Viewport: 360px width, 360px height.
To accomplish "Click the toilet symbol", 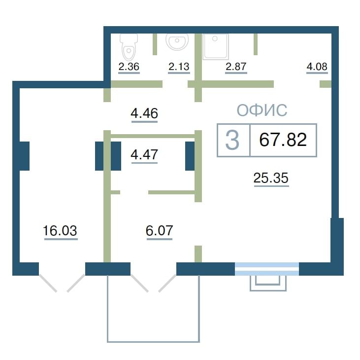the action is click(x=129, y=47).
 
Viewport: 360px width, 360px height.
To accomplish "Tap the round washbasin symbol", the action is click(x=177, y=41).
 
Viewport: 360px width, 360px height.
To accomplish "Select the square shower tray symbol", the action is click(x=216, y=46).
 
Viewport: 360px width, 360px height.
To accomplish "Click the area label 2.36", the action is click(x=129, y=67).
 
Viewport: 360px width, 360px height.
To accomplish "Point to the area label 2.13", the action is click(x=179, y=67).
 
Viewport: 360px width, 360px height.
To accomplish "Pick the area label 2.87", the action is click(x=236, y=67).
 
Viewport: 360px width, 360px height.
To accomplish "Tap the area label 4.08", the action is click(x=317, y=67).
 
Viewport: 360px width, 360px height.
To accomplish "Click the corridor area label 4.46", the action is click(x=144, y=113).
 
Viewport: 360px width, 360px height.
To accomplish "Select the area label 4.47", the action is click(x=144, y=154).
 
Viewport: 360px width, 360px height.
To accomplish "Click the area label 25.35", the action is click(x=271, y=178).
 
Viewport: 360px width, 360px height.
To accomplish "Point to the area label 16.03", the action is click(x=60, y=230).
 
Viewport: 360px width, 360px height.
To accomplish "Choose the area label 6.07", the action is click(x=160, y=230).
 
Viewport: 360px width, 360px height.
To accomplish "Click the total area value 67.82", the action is click(x=283, y=140).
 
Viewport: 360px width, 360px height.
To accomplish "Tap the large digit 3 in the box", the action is click(x=232, y=140).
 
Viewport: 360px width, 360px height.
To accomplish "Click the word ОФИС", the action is click(x=262, y=110).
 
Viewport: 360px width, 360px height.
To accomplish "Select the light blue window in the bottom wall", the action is click(x=267, y=269).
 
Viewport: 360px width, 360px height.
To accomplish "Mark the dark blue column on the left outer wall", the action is click(x=24, y=156).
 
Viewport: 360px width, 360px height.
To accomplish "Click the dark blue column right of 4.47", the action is click(x=190, y=156).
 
